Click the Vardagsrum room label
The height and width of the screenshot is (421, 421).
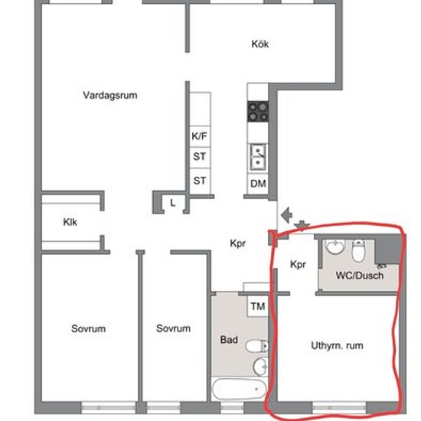pyautogui.click(x=110, y=96)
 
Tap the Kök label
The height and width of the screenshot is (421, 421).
pyautogui.click(x=260, y=44)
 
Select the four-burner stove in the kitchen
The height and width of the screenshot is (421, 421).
pyautogui.click(x=258, y=112)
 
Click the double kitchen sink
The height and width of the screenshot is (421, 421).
pyautogui.click(x=258, y=157)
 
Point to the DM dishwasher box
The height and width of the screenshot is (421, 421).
pyautogui.click(x=258, y=184)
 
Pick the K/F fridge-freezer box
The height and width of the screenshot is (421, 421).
pyautogui.click(x=200, y=136)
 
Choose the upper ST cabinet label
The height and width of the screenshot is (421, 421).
pyautogui.click(x=200, y=156)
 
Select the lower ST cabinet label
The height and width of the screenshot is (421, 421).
pyautogui.click(x=200, y=181)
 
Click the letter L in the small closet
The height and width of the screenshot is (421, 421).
pyautogui.click(x=173, y=203)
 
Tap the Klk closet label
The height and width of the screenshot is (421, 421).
pyautogui.click(x=70, y=222)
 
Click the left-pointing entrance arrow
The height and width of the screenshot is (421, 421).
pyautogui.click(x=286, y=215)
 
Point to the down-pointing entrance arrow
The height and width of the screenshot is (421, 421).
pyautogui.click(x=302, y=226)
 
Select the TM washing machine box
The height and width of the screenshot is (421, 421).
pyautogui.click(x=257, y=306)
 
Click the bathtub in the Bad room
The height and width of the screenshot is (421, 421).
pyautogui.click(x=239, y=390)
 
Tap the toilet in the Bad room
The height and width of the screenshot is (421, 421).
pyautogui.click(x=257, y=346)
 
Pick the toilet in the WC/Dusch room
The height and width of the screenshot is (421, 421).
pyautogui.click(x=358, y=251)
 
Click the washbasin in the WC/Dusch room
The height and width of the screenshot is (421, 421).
pyautogui.click(x=335, y=246)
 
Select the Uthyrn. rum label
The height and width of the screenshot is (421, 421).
pyautogui.click(x=337, y=345)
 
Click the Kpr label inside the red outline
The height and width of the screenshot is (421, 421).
pyautogui.click(x=298, y=265)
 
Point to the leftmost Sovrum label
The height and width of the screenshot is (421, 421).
pyautogui.click(x=88, y=328)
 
